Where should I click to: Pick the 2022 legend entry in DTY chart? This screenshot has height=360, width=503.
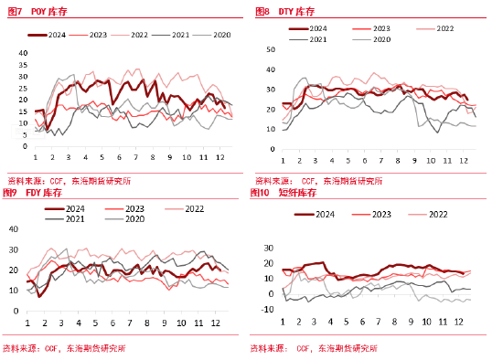point(444,29)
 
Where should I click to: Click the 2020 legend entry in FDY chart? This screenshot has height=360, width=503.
point(134,219)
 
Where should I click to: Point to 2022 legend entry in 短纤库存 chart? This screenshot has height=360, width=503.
point(437,214)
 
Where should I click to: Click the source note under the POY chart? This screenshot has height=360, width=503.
point(69,181)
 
